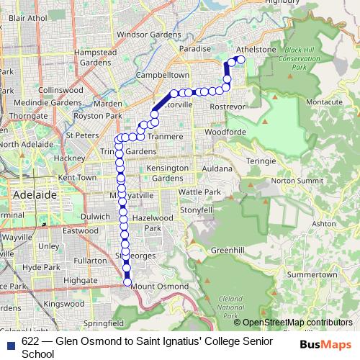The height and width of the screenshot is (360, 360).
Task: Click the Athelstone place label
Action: [256, 50]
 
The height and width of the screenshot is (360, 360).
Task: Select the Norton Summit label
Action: [293, 180]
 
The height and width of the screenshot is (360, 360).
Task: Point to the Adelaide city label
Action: [34, 194]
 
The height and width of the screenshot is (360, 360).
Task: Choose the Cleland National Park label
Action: [233, 306]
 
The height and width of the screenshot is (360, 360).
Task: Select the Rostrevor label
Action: [228, 107]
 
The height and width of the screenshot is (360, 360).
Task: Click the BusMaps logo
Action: [325, 344]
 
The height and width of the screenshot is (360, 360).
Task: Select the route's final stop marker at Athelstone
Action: [240, 60]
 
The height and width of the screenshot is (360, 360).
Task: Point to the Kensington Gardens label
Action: [167, 173]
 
